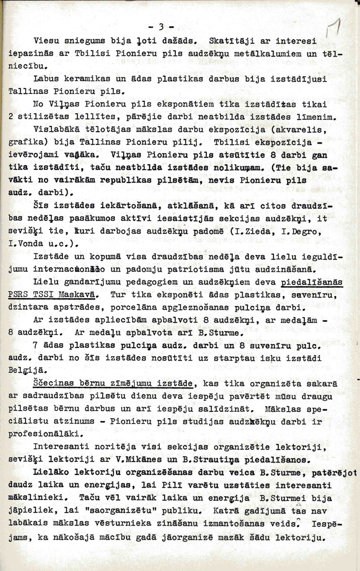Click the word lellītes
tap(99, 117)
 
